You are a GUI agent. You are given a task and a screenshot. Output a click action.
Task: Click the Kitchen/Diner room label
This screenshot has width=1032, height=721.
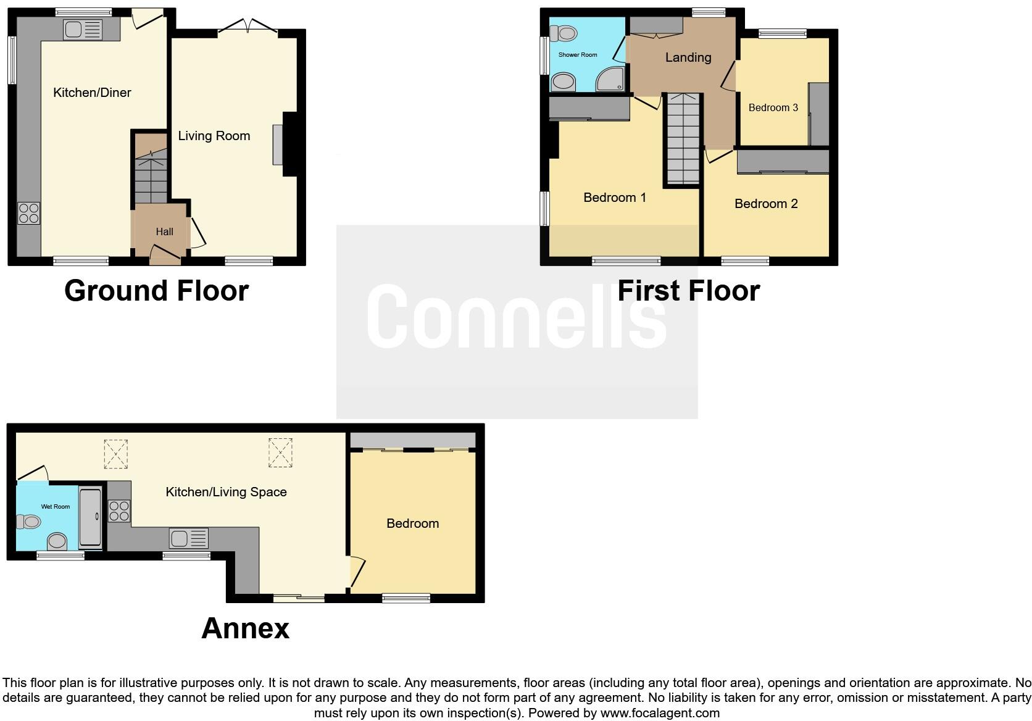click(92, 93)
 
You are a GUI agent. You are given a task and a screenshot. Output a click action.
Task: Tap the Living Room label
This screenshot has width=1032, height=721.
click(214, 136)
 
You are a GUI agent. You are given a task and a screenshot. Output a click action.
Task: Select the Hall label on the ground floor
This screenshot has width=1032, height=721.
click(164, 232)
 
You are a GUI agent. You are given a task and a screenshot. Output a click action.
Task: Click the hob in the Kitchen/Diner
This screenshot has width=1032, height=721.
click(29, 214)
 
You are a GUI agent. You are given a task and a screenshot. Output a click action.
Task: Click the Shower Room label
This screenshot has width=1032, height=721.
click(578, 55)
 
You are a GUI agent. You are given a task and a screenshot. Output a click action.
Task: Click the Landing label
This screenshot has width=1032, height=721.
click(688, 57)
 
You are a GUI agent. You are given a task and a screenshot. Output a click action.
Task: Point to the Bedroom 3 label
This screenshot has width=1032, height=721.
click(773, 108)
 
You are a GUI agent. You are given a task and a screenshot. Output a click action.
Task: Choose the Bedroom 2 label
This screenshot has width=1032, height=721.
click(766, 204)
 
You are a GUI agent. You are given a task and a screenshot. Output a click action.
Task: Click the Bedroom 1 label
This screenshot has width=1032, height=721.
click(615, 198)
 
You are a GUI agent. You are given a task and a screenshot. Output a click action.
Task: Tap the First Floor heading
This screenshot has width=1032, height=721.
click(688, 291)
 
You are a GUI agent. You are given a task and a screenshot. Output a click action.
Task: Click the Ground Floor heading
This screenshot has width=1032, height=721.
click(156, 291)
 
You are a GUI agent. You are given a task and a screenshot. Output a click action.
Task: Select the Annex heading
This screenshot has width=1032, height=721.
click(245, 628)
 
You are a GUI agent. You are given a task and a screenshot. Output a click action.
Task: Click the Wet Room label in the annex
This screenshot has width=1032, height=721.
click(56, 507)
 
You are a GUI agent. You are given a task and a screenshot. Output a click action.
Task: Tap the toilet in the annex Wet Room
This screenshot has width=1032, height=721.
click(29, 522)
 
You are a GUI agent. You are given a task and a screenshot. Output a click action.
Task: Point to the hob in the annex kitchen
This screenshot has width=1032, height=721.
click(119, 511)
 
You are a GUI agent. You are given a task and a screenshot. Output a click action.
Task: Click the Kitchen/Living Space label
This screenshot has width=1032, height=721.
click(226, 492)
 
